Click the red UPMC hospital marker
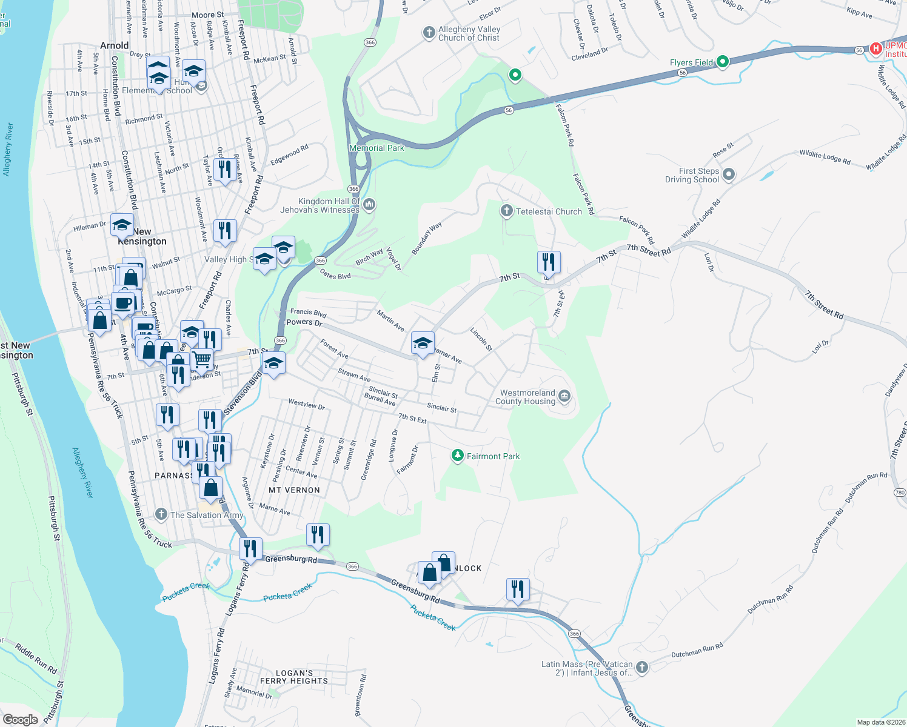(875, 49)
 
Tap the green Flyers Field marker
(722, 62)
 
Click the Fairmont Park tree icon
(458, 456)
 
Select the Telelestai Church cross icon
(506, 211)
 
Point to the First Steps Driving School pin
(729, 175)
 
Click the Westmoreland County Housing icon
(564, 397)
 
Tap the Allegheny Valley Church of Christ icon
(429, 33)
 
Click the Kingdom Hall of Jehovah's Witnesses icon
(369, 205)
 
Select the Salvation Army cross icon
(161, 514)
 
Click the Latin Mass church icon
(642, 668)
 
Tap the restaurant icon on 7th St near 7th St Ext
(548, 262)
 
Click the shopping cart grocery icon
(202, 359)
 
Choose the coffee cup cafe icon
(123, 302)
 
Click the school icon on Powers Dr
(422, 343)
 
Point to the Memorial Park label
(377, 148)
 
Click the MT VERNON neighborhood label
(294, 490)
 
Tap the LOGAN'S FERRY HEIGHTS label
(294, 677)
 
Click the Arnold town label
(114, 45)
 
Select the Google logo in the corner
(21, 719)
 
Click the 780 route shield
(900, 493)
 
